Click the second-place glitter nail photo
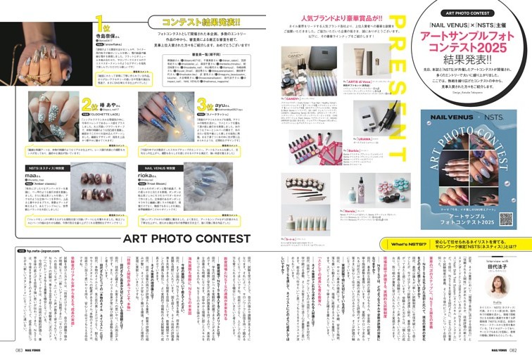tap(49, 120)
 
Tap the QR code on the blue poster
tap(505, 220)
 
